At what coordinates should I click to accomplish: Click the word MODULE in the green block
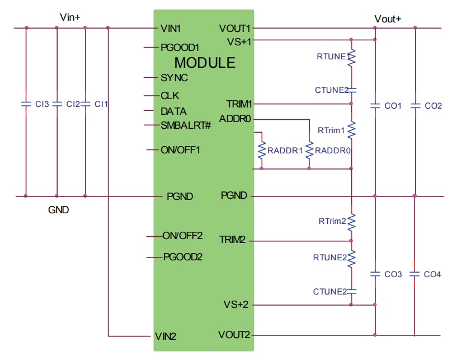click(205, 63)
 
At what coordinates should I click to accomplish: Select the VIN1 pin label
click(170, 28)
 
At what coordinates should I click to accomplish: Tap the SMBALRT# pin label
click(185, 124)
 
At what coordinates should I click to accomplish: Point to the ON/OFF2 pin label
click(182, 236)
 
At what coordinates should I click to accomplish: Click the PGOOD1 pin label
click(180, 48)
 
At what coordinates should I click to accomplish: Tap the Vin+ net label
click(70, 18)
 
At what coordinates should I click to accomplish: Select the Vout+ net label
click(388, 19)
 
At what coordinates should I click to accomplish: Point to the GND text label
click(59, 211)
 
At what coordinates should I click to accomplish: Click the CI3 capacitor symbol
click(25, 104)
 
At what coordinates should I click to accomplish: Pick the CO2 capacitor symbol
click(415, 105)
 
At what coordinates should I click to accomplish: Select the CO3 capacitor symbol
click(375, 274)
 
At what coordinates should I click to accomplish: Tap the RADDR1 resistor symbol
click(261, 151)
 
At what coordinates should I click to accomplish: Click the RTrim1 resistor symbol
click(351, 130)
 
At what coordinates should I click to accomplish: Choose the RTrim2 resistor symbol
click(351, 223)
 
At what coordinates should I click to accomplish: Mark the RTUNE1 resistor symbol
click(351, 58)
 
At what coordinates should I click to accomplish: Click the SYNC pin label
click(174, 78)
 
